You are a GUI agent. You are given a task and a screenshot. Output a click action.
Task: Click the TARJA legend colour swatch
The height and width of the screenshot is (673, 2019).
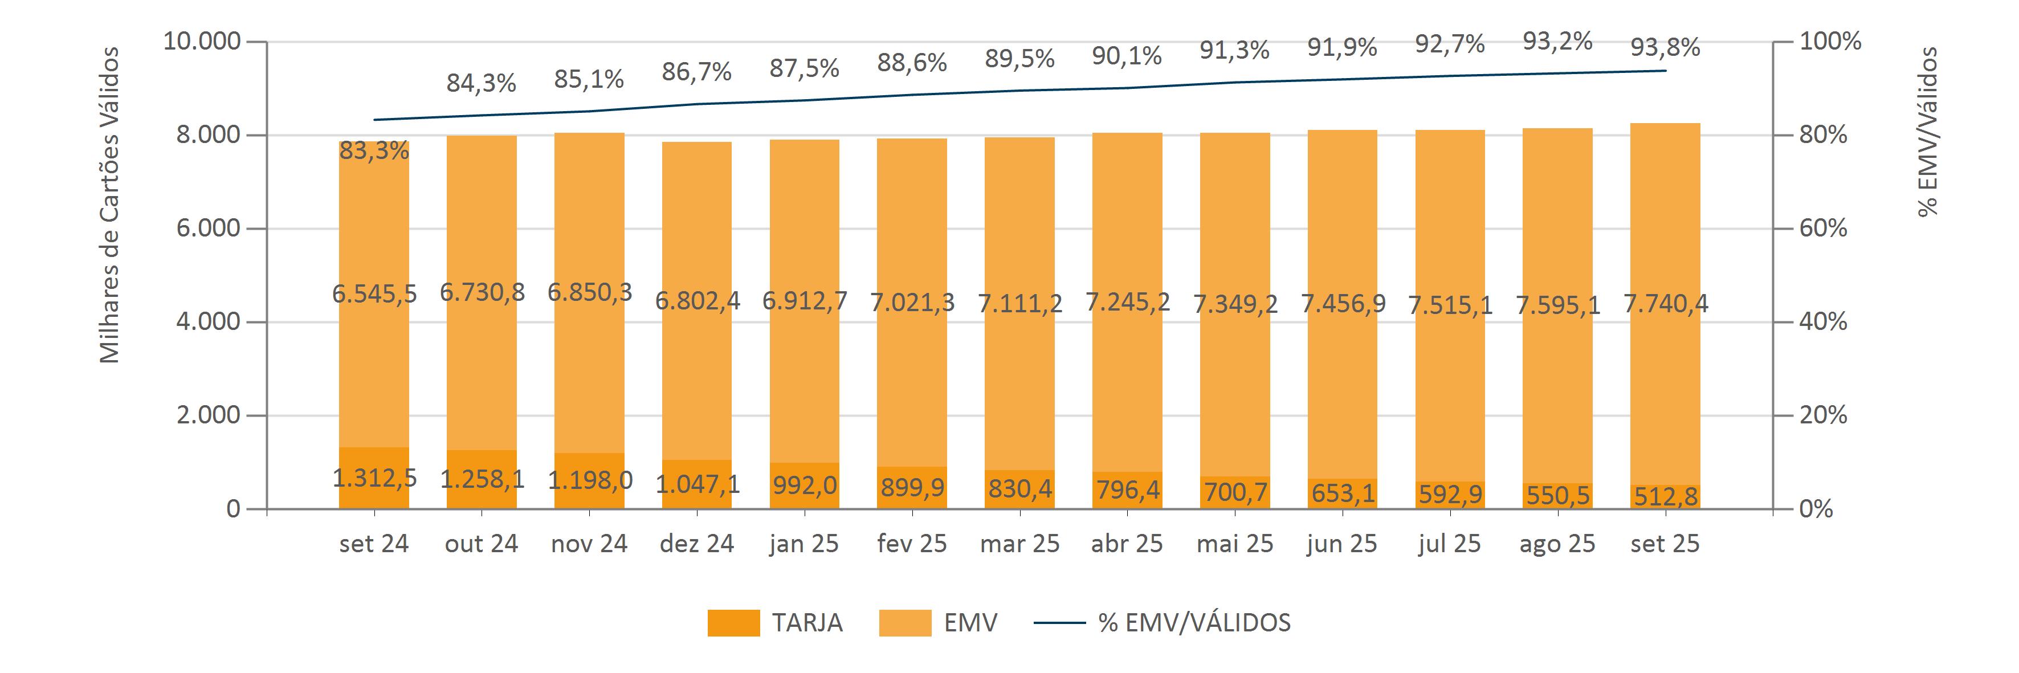coord(733,623)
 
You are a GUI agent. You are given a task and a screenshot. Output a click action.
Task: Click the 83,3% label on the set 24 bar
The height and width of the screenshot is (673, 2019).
coord(374,150)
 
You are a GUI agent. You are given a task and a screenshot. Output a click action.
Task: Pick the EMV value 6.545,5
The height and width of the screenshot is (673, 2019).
coord(374,294)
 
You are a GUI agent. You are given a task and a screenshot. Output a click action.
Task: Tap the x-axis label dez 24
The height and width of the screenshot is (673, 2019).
coord(697,544)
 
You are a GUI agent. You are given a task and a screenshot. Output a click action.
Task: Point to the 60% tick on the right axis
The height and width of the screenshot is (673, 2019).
coord(1822,228)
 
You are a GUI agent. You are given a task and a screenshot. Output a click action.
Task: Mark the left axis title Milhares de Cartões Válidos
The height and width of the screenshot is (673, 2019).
coord(111,205)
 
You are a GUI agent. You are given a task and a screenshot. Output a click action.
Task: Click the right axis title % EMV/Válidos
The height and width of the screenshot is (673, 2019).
coord(1927,132)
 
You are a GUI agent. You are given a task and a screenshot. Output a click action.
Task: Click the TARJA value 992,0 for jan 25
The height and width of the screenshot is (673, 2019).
coord(804,485)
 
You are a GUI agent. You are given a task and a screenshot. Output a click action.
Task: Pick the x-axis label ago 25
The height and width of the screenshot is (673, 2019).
coord(1557,544)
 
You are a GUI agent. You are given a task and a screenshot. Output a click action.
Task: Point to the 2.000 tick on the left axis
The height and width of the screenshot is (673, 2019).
coord(207,415)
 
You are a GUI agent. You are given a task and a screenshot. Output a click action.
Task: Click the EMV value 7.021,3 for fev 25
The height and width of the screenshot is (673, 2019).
coord(912,301)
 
